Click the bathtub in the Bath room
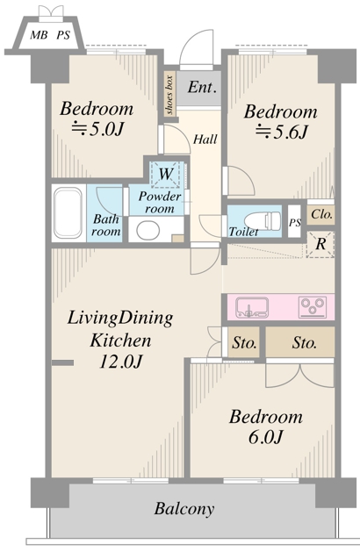(68, 212)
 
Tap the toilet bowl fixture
(263, 221)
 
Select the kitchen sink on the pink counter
(252, 307)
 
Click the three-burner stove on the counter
(312, 305)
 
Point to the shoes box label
(170, 95)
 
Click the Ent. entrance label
(201, 87)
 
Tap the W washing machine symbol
(166, 174)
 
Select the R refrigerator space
(320, 244)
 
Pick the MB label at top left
(39, 35)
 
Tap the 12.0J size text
(120, 362)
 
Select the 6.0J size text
(265, 437)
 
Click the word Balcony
(184, 509)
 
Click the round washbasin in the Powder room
(148, 230)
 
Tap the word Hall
(205, 140)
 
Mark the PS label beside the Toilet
(295, 223)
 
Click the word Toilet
(243, 232)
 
